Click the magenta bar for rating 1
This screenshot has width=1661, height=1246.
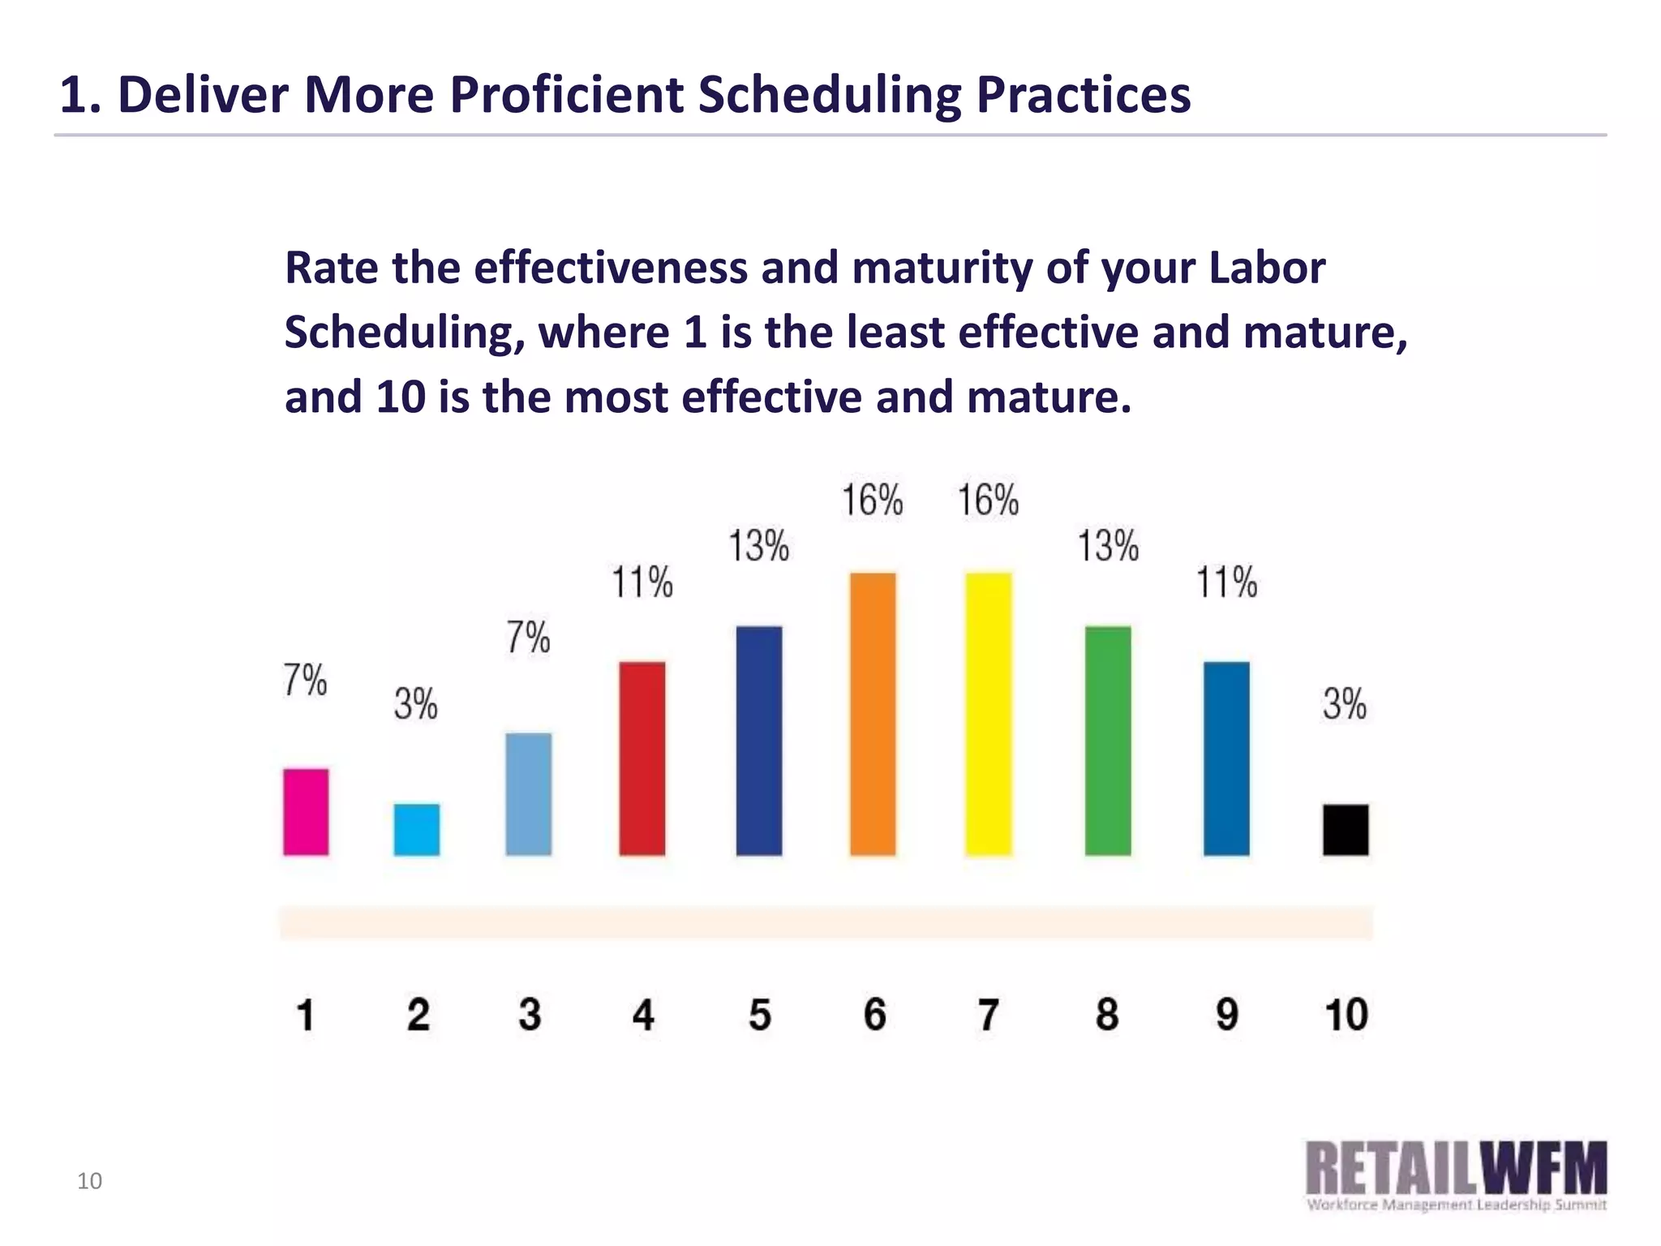pyautogui.click(x=306, y=812)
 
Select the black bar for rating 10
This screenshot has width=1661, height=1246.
pyautogui.click(x=1346, y=830)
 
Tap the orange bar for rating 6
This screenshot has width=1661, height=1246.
pyautogui.click(x=873, y=714)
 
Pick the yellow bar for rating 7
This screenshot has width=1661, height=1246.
pyautogui.click(x=989, y=714)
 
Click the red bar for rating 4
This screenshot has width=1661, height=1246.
pyautogui.click(x=642, y=758)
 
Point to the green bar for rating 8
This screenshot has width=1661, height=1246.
pyautogui.click(x=1108, y=741)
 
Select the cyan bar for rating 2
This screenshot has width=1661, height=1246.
pyautogui.click(x=417, y=830)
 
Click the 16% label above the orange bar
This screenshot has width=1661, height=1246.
pyautogui.click(x=873, y=500)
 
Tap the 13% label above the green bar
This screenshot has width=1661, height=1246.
pyautogui.click(x=1108, y=546)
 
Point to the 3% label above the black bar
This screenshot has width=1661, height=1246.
pyautogui.click(x=1345, y=704)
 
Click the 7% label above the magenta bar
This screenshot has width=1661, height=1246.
pyautogui.click(x=305, y=680)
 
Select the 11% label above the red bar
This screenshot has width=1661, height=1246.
pyautogui.click(x=642, y=583)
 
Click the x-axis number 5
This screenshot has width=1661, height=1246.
pyautogui.click(x=759, y=1015)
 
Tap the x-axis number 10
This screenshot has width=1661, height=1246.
pyautogui.click(x=1346, y=1015)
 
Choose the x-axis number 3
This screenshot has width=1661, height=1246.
pyautogui.click(x=530, y=1015)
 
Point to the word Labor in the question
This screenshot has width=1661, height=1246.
pyautogui.click(x=1267, y=268)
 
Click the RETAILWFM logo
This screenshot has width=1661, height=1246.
pyautogui.click(x=1456, y=1175)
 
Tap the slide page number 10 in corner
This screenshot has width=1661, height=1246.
pyautogui.click(x=89, y=1181)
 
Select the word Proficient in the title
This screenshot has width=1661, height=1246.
pyautogui.click(x=567, y=94)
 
